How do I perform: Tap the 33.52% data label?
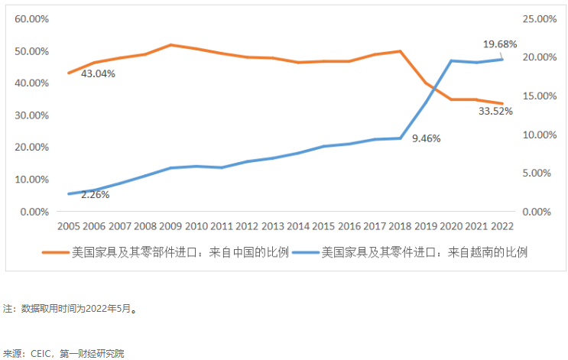(495, 111)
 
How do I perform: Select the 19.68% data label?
(501, 44)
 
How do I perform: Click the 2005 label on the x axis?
(69, 226)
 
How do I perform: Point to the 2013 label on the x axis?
(273, 226)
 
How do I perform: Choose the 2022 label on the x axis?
(502, 226)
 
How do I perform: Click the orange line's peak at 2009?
(170, 44)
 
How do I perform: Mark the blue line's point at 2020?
(451, 60)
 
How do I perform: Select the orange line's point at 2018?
(400, 51)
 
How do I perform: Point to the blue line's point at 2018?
(400, 138)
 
